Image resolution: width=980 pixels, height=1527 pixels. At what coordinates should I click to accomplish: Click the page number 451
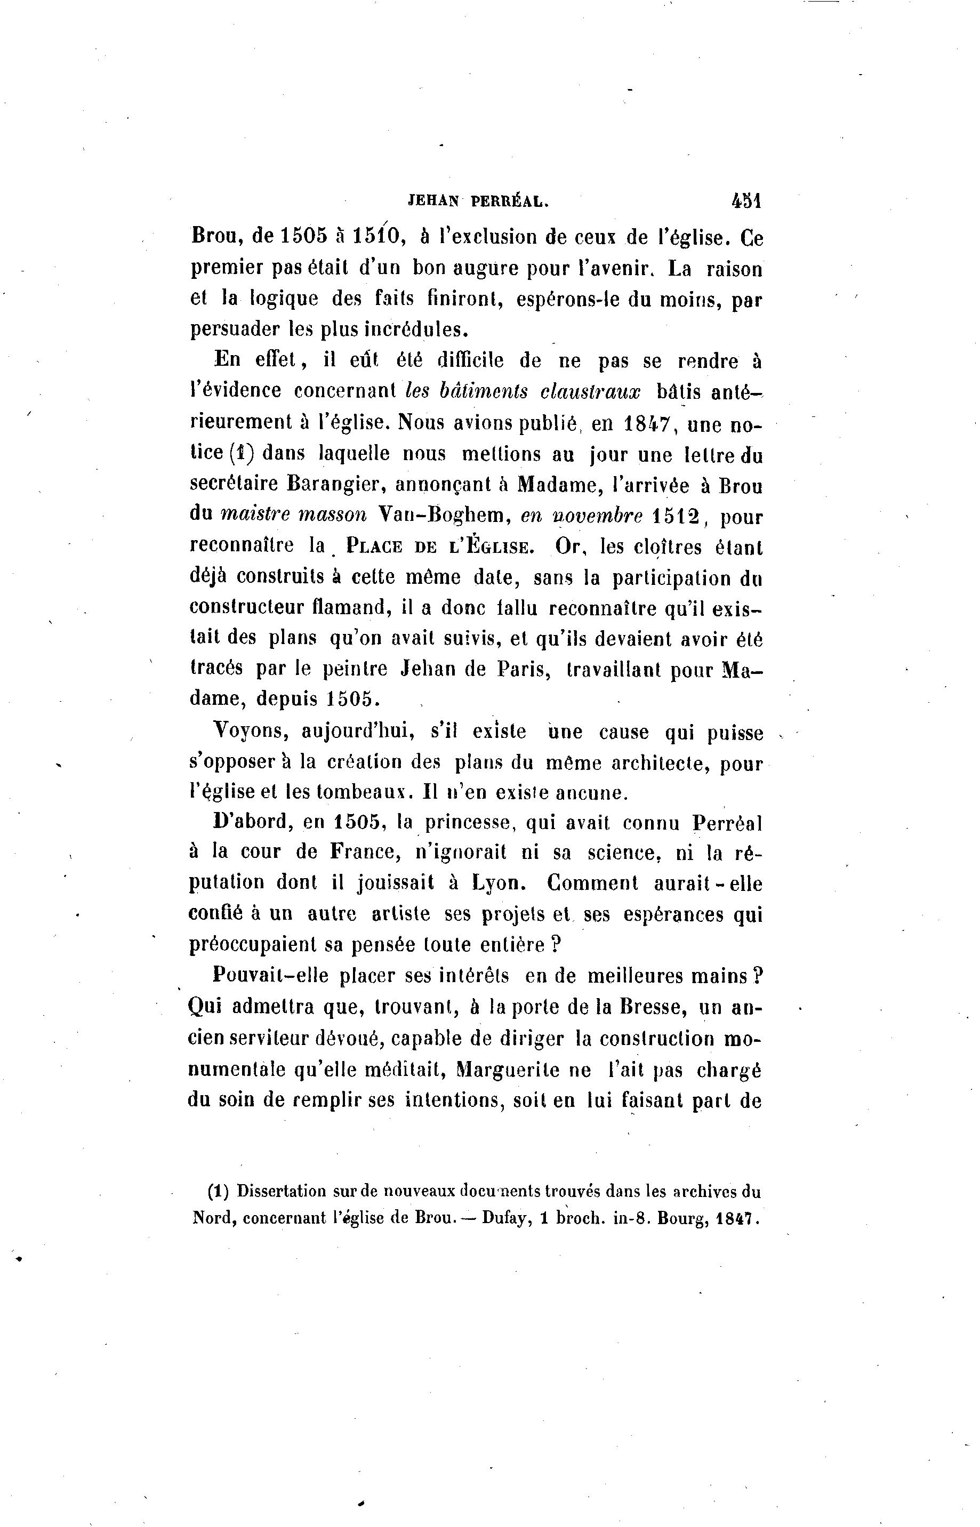point(746,201)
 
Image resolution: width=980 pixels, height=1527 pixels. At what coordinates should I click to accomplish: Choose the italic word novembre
point(581,516)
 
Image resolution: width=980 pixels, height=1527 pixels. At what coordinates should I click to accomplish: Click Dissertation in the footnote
point(282,1191)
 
